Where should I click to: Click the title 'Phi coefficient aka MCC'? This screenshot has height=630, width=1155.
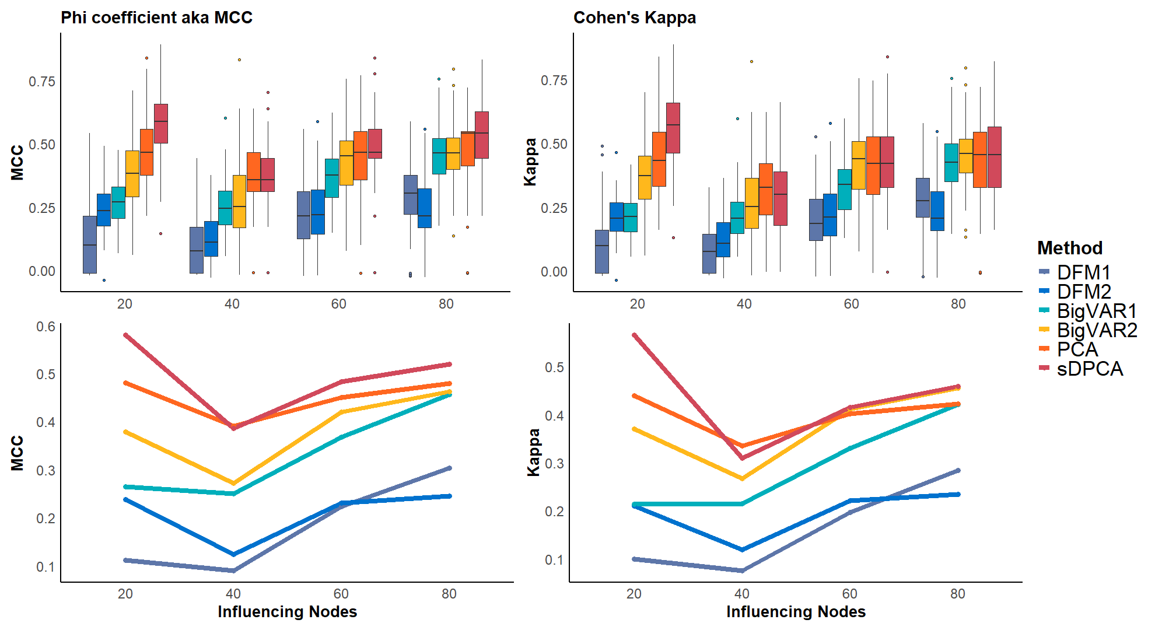tap(156, 17)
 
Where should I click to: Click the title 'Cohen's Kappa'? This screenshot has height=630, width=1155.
tap(635, 17)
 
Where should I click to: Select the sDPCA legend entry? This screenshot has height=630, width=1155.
tap(1090, 369)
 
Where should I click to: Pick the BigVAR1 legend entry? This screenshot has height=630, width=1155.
tap(1097, 311)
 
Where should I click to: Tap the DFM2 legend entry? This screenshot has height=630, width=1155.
tap(1084, 292)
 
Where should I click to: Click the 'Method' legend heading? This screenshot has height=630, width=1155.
tap(1070, 248)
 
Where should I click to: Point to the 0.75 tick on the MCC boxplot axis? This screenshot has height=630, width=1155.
tap(42, 81)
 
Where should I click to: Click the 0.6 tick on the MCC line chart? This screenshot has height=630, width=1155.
tap(46, 327)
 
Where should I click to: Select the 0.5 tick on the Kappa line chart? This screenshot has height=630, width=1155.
tap(554, 367)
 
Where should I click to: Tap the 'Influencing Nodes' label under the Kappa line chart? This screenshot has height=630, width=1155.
tap(796, 611)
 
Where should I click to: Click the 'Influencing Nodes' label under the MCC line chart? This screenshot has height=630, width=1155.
tap(287, 611)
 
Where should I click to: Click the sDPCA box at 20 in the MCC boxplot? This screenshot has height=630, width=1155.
tap(161, 123)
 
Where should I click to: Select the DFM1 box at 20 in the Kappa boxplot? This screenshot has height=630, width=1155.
tap(602, 251)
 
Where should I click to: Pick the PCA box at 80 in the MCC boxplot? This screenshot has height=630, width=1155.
tap(468, 149)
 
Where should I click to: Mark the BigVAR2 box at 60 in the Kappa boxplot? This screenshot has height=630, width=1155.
tap(859, 165)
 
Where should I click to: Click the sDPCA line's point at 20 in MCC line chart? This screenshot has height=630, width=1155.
tap(125, 335)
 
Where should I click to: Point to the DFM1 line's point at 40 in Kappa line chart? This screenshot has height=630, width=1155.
tap(742, 570)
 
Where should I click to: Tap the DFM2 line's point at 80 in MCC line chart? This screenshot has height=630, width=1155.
tap(449, 496)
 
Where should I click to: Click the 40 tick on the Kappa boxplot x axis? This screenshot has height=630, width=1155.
tap(744, 304)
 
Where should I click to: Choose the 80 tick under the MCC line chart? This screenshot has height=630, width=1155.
tap(449, 594)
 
